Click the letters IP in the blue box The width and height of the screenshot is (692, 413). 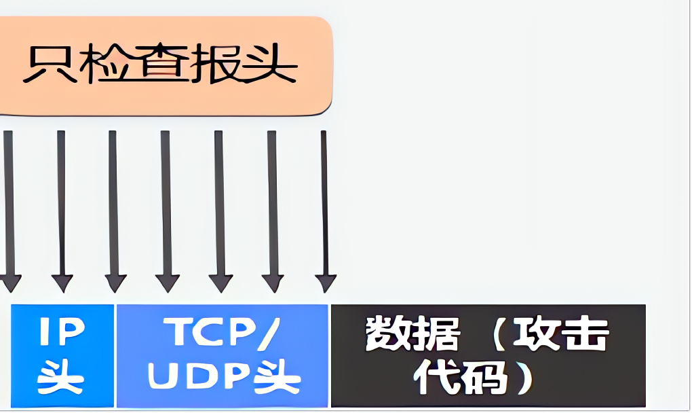62,331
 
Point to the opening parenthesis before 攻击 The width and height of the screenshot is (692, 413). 499,334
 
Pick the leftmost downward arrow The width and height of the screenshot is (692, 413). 9,211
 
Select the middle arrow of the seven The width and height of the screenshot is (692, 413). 166,211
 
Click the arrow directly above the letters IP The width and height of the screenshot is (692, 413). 62,211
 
